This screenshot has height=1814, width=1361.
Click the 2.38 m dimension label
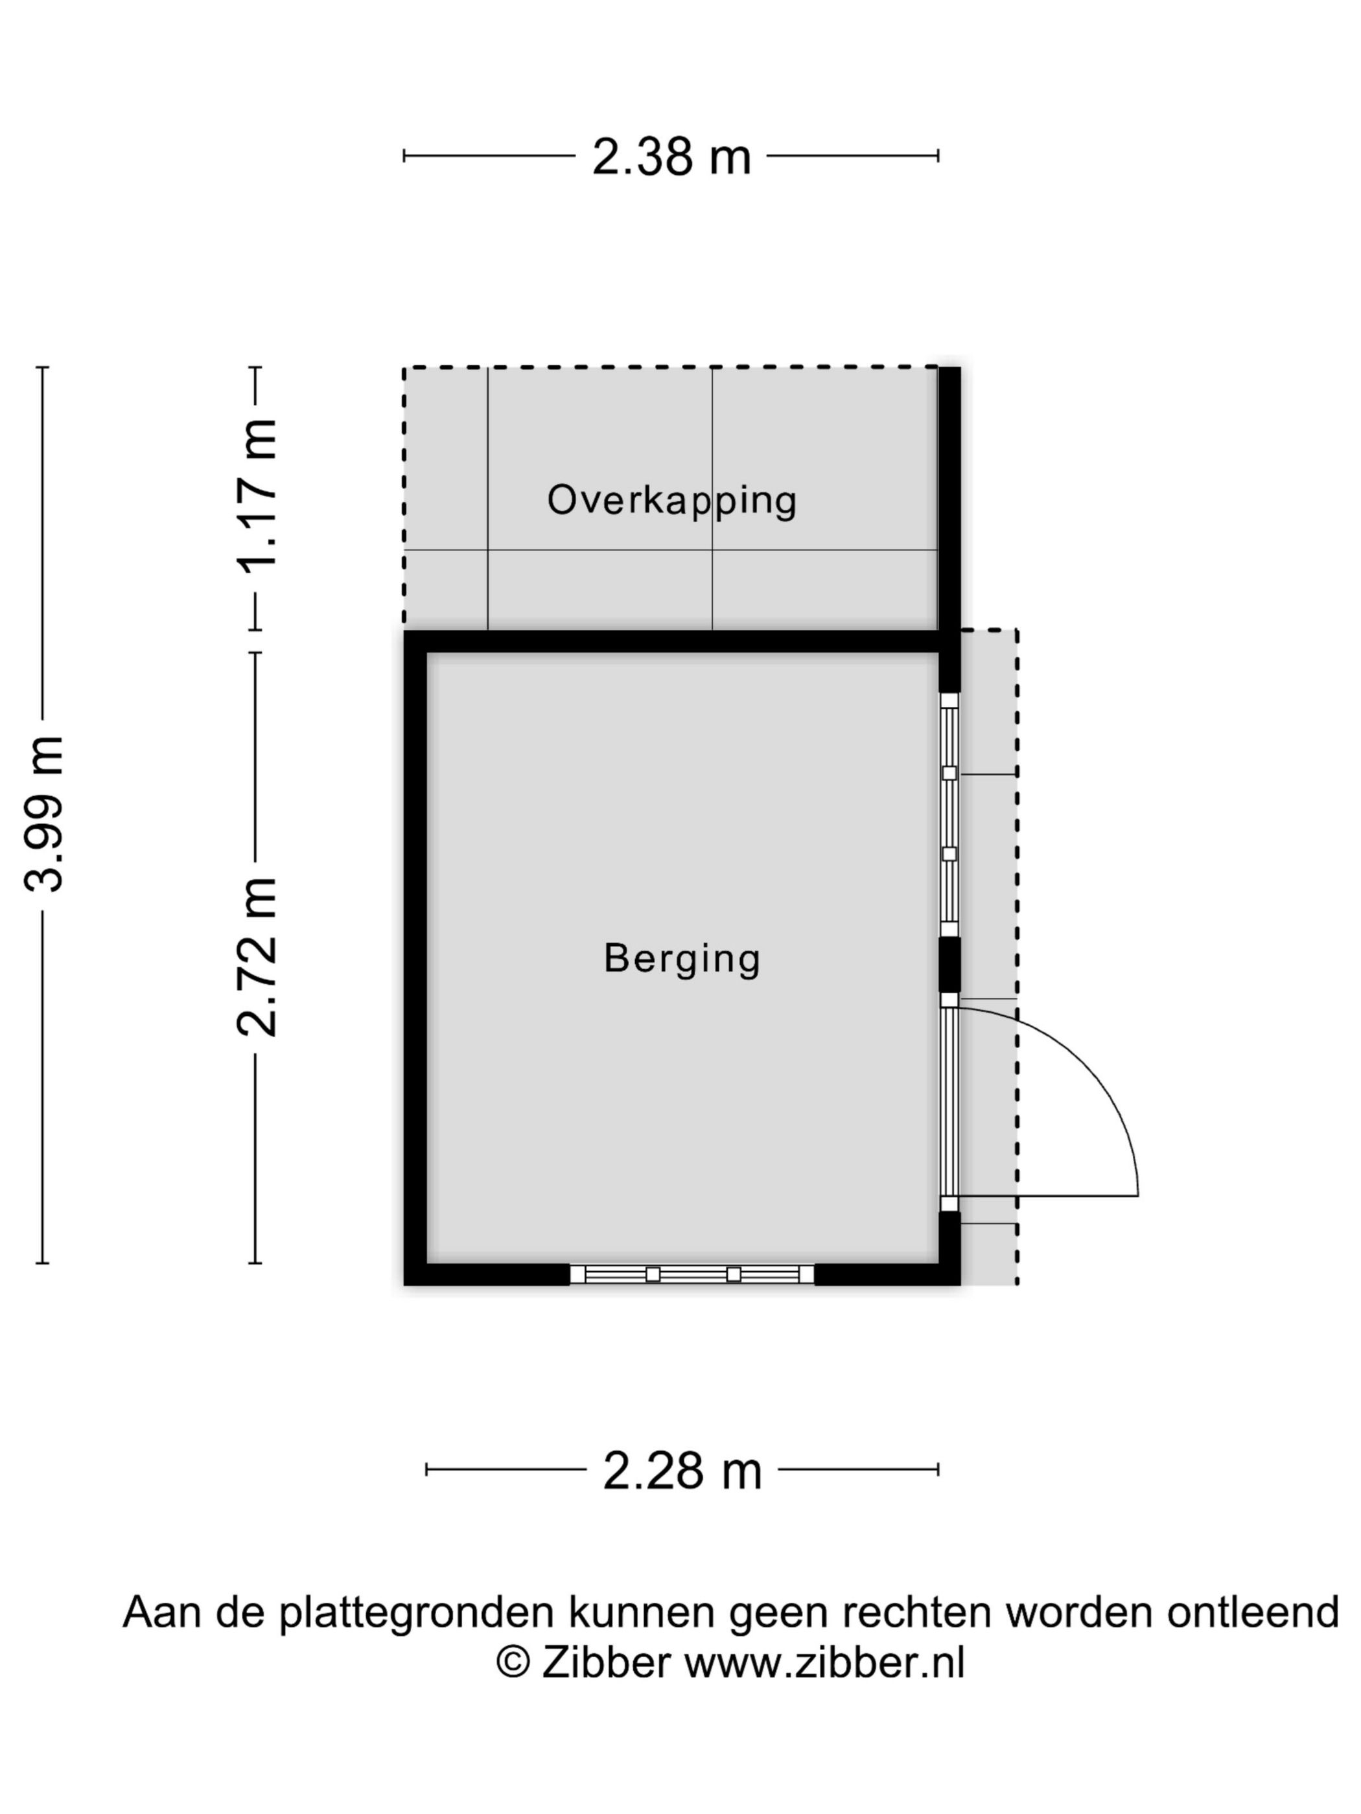coord(670,157)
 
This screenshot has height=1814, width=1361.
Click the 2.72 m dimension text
coord(257,956)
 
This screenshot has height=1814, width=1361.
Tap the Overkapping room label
coord(671,500)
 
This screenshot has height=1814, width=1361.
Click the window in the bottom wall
coord(692,1274)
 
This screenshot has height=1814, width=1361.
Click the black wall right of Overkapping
coord(949,500)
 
